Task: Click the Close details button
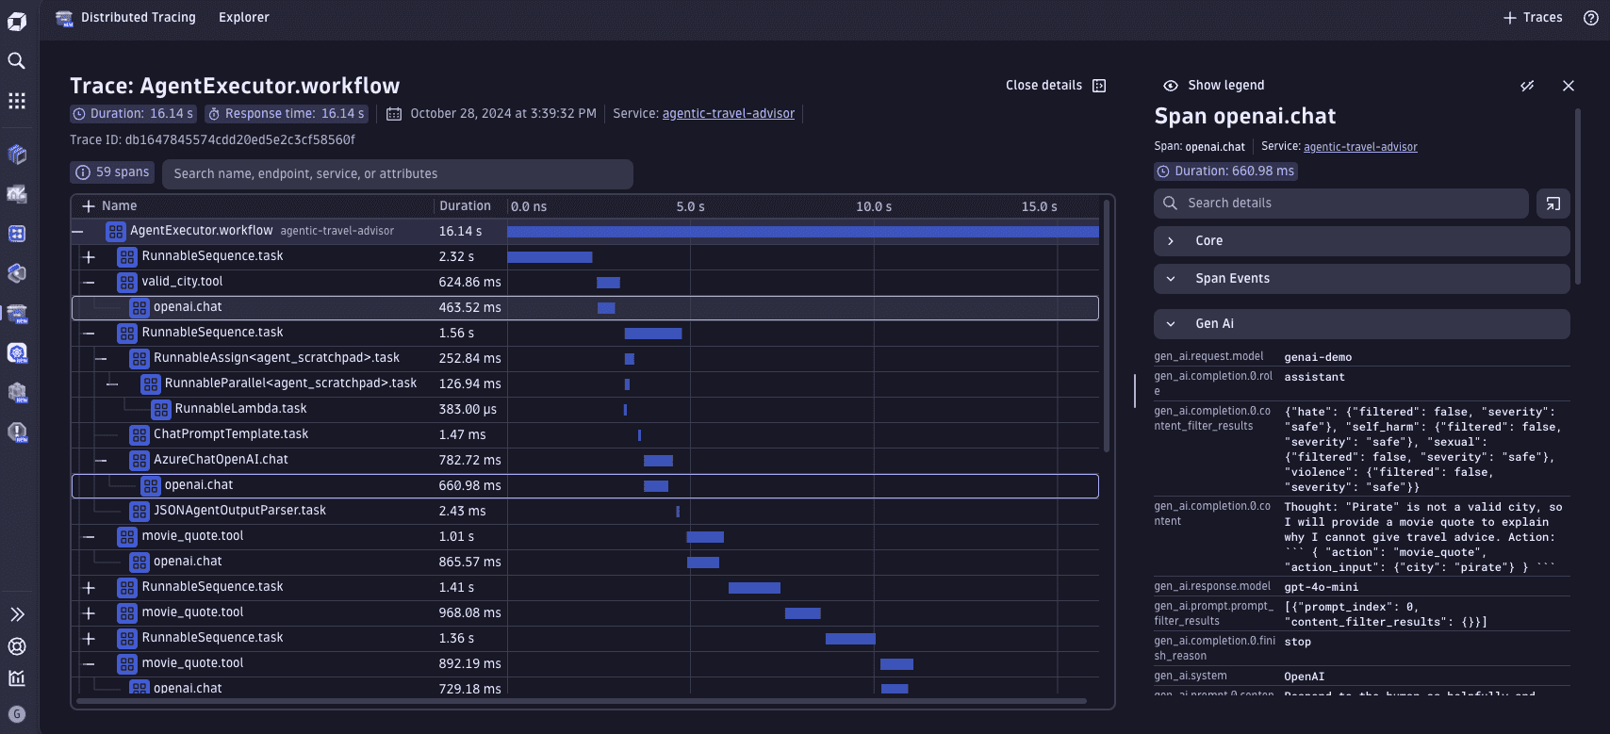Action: [1055, 86]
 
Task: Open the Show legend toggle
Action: [1214, 86]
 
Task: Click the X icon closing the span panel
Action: [1568, 86]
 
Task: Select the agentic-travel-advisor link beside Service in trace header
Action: [728, 114]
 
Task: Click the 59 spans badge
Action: [112, 172]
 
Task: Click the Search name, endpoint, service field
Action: [397, 174]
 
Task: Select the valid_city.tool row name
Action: [182, 282]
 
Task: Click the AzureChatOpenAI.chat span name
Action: [221, 460]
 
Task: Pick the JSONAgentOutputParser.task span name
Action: [239, 511]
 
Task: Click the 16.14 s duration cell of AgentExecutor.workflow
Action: [460, 231]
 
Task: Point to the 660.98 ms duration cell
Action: [469, 485]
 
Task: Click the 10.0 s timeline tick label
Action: [873, 206]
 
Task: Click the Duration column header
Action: [465, 206]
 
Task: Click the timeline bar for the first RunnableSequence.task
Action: [550, 257]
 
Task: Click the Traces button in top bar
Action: [1533, 18]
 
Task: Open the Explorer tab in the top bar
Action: [243, 18]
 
